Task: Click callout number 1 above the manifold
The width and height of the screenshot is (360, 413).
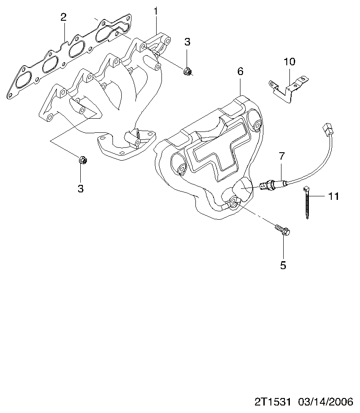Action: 156,11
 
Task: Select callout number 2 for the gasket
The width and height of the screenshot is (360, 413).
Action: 64,17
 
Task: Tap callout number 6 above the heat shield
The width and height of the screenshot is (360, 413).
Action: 240,71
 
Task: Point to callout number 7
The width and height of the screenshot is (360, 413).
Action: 282,156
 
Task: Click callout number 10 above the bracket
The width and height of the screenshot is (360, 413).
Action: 289,62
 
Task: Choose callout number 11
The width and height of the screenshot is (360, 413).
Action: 334,196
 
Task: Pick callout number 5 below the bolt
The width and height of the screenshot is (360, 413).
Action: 283,265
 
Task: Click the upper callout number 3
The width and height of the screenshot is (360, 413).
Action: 187,41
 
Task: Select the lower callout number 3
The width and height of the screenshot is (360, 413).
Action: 81,188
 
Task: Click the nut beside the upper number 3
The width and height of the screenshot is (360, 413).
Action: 187,71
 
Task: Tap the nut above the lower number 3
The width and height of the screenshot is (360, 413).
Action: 82,160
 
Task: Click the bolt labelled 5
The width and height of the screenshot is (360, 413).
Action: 282,230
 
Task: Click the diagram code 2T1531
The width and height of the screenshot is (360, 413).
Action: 273,402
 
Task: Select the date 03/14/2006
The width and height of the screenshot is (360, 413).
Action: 325,402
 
